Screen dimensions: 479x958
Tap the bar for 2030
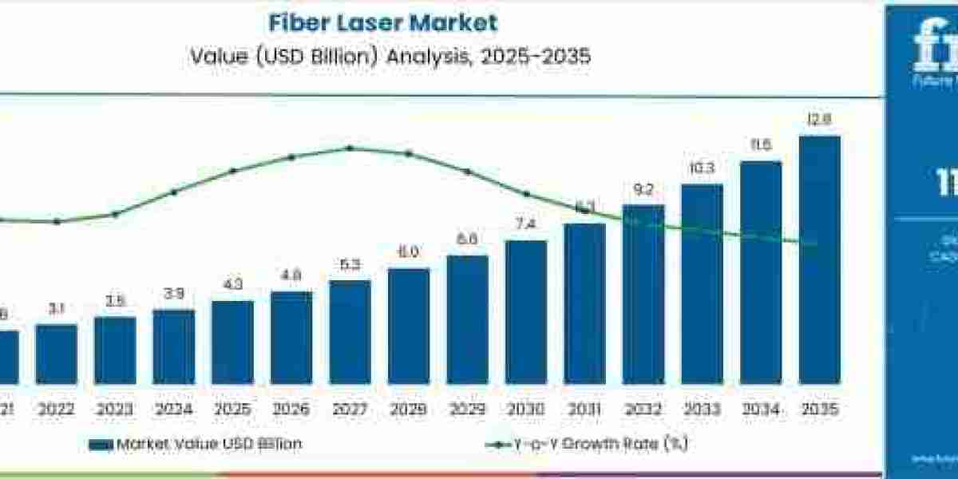pos(526,311)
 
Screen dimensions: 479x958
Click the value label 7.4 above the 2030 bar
pos(526,226)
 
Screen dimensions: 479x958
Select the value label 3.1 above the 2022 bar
pos(57,310)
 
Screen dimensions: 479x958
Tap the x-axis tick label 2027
pos(350,410)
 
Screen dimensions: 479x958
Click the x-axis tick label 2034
pos(761,410)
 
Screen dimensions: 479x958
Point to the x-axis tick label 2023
pos(115,410)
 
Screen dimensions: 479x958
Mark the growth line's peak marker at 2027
pos(350,148)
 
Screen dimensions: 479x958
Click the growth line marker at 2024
pos(174,192)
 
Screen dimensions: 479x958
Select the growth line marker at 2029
pos(468,172)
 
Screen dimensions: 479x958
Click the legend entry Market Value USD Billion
pos(208,444)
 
